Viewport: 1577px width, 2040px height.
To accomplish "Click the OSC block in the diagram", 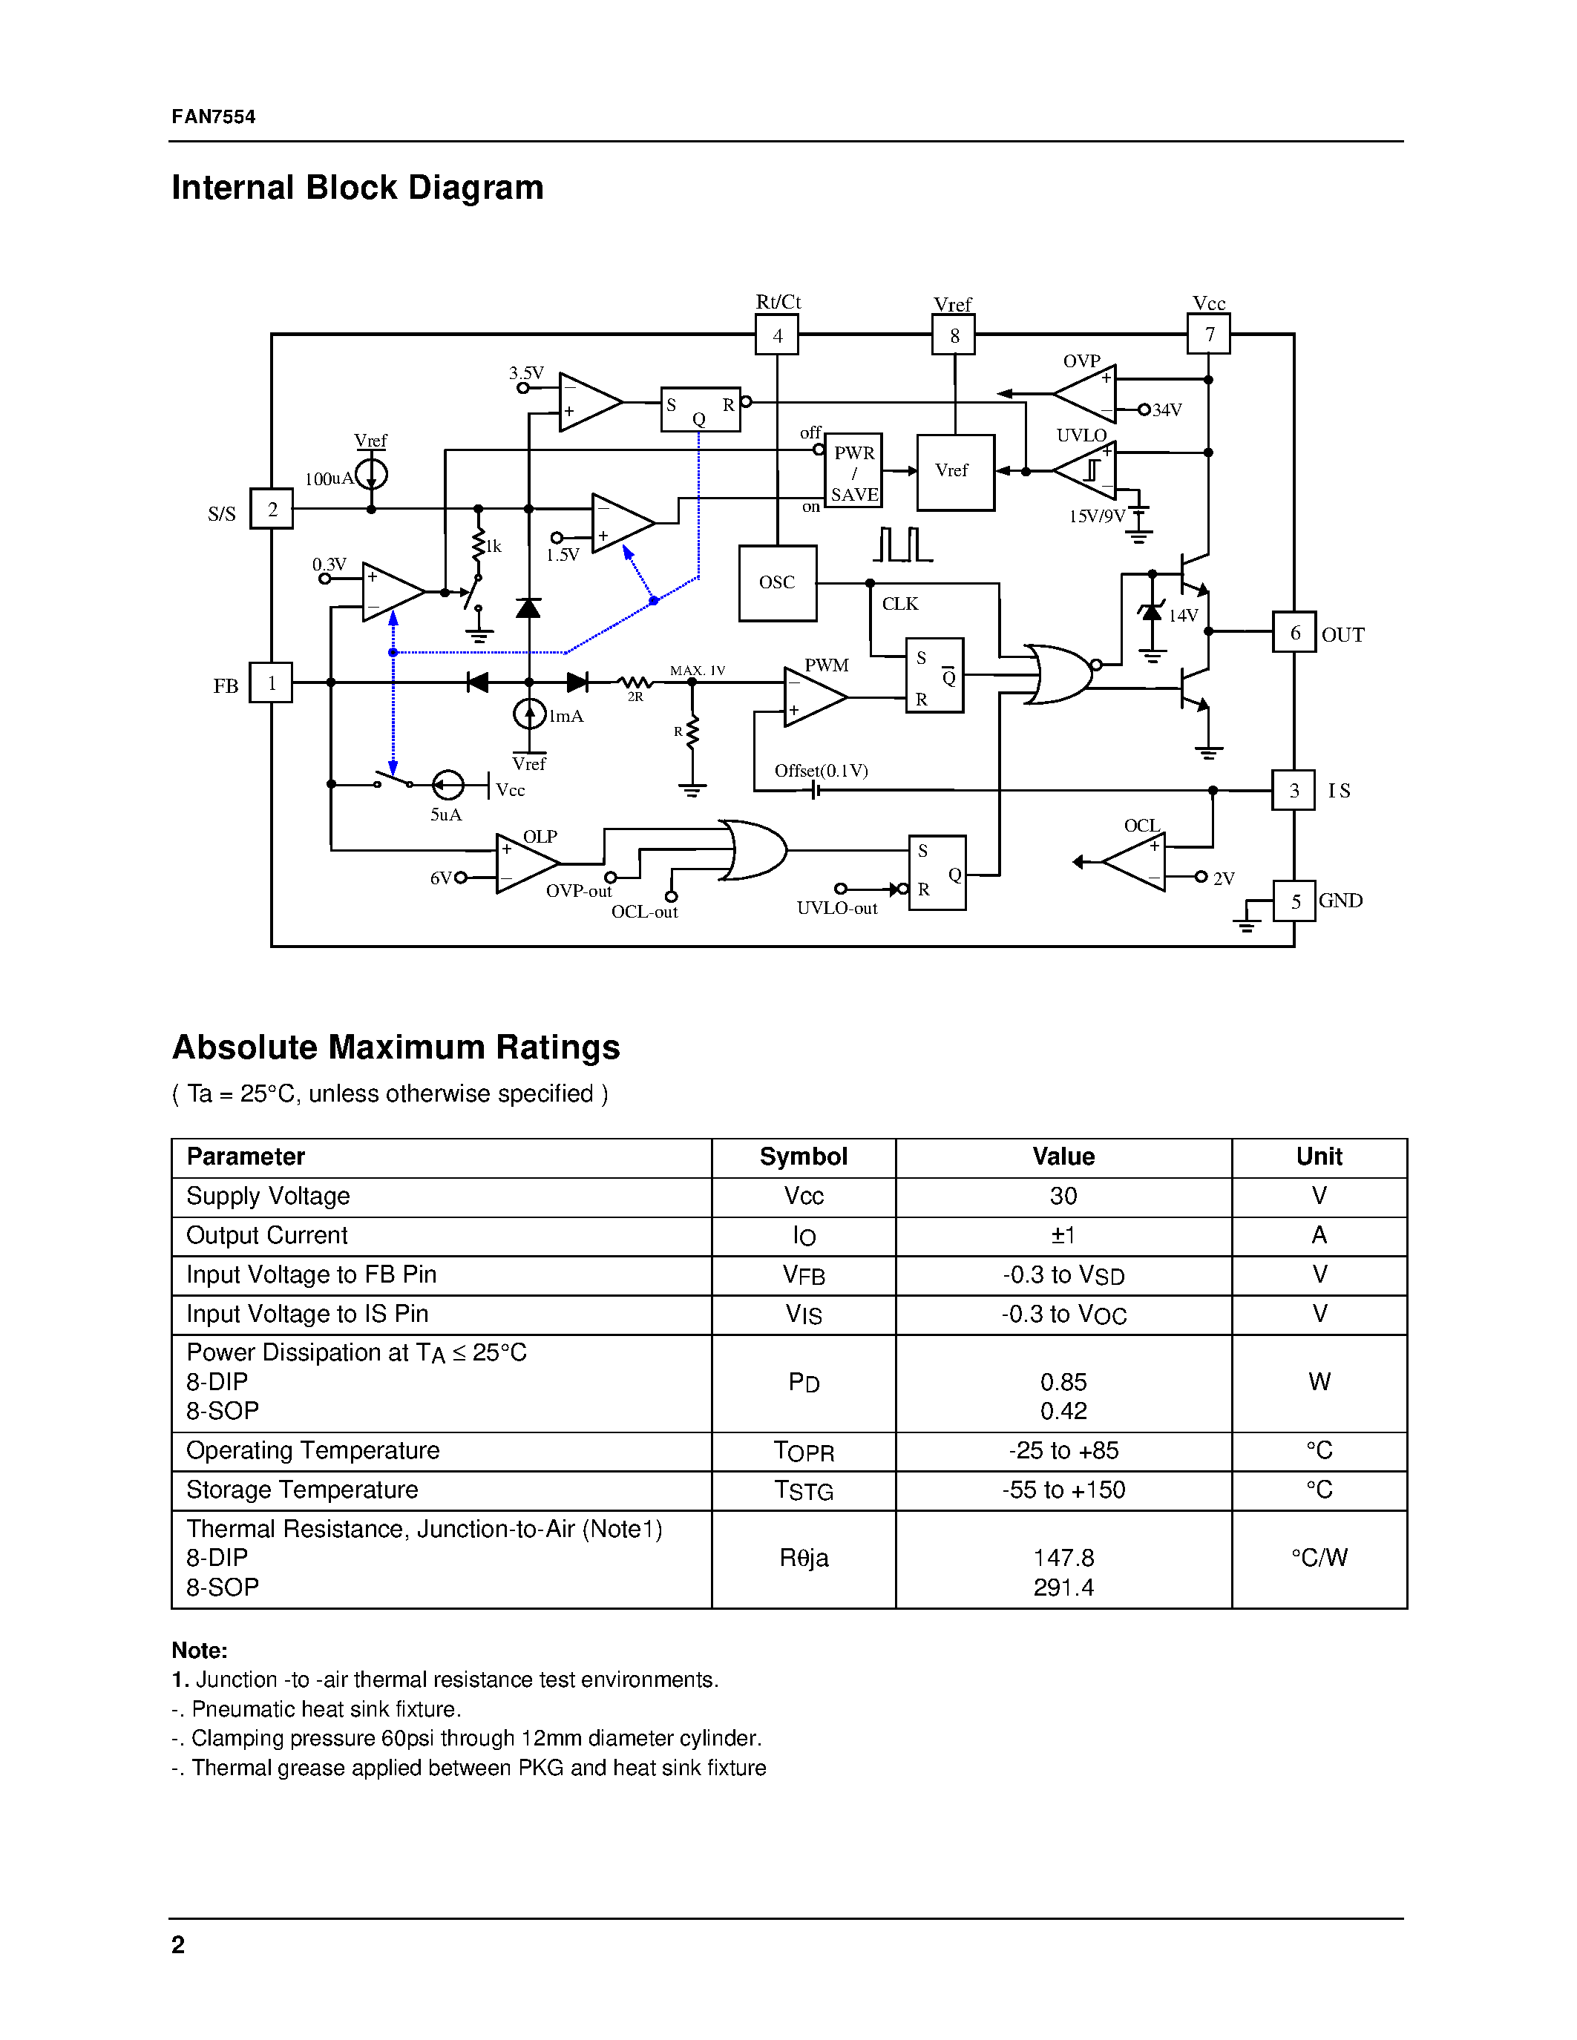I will coord(776,583).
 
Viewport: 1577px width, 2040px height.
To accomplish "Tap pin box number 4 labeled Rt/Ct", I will coord(776,335).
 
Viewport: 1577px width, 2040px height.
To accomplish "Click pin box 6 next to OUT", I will coord(1294,632).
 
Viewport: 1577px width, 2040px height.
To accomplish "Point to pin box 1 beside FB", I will coord(271,682).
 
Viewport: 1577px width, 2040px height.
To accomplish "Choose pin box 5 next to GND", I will coord(1295,901).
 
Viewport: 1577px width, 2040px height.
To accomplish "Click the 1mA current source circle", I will coord(530,714).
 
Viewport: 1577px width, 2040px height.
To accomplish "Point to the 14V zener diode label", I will coord(1183,616).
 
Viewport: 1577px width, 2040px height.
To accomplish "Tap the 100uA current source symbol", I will coord(371,475).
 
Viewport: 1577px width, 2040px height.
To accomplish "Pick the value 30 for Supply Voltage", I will coord(1063,1197).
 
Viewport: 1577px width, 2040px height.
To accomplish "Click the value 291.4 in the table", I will coord(1063,1588).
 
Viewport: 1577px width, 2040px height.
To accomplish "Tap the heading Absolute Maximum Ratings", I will coord(396,1047).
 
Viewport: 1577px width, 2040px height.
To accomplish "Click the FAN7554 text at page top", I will coord(214,116).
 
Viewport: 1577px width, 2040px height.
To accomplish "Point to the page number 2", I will coord(178,1945).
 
